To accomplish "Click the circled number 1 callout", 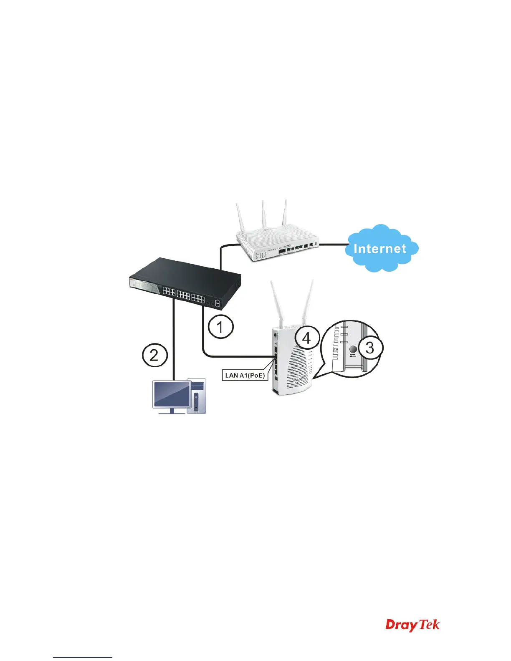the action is point(220,327).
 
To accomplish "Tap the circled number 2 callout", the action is point(154,355).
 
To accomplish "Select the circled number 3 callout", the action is point(370,347).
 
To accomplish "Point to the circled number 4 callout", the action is point(306,338).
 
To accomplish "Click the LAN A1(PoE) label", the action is point(245,375).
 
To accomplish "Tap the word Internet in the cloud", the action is point(379,249).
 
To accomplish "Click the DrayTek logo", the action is point(412,636).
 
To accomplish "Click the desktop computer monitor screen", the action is point(172,393).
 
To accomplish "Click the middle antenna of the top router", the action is point(264,215).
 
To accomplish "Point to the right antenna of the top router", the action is point(285,214).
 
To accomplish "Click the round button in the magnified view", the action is point(353,349).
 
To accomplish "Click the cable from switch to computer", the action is point(173,342).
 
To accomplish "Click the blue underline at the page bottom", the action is point(83,657).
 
